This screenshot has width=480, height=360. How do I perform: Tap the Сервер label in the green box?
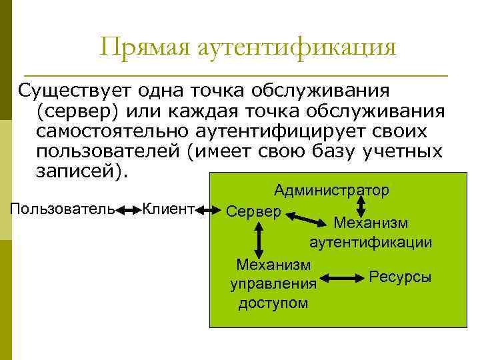(254, 212)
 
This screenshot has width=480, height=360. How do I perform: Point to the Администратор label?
(331, 191)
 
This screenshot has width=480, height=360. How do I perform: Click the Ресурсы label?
(400, 276)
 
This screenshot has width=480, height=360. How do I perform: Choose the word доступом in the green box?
(273, 303)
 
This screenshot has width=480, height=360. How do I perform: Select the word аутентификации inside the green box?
(371, 242)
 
